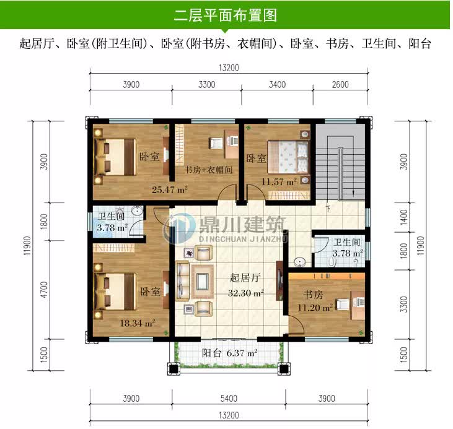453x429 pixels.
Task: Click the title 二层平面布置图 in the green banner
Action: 226,15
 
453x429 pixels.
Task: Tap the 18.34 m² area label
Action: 137,323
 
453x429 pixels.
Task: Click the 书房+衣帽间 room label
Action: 208,170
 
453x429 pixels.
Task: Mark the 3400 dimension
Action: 278,85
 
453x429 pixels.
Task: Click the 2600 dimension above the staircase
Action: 340,85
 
